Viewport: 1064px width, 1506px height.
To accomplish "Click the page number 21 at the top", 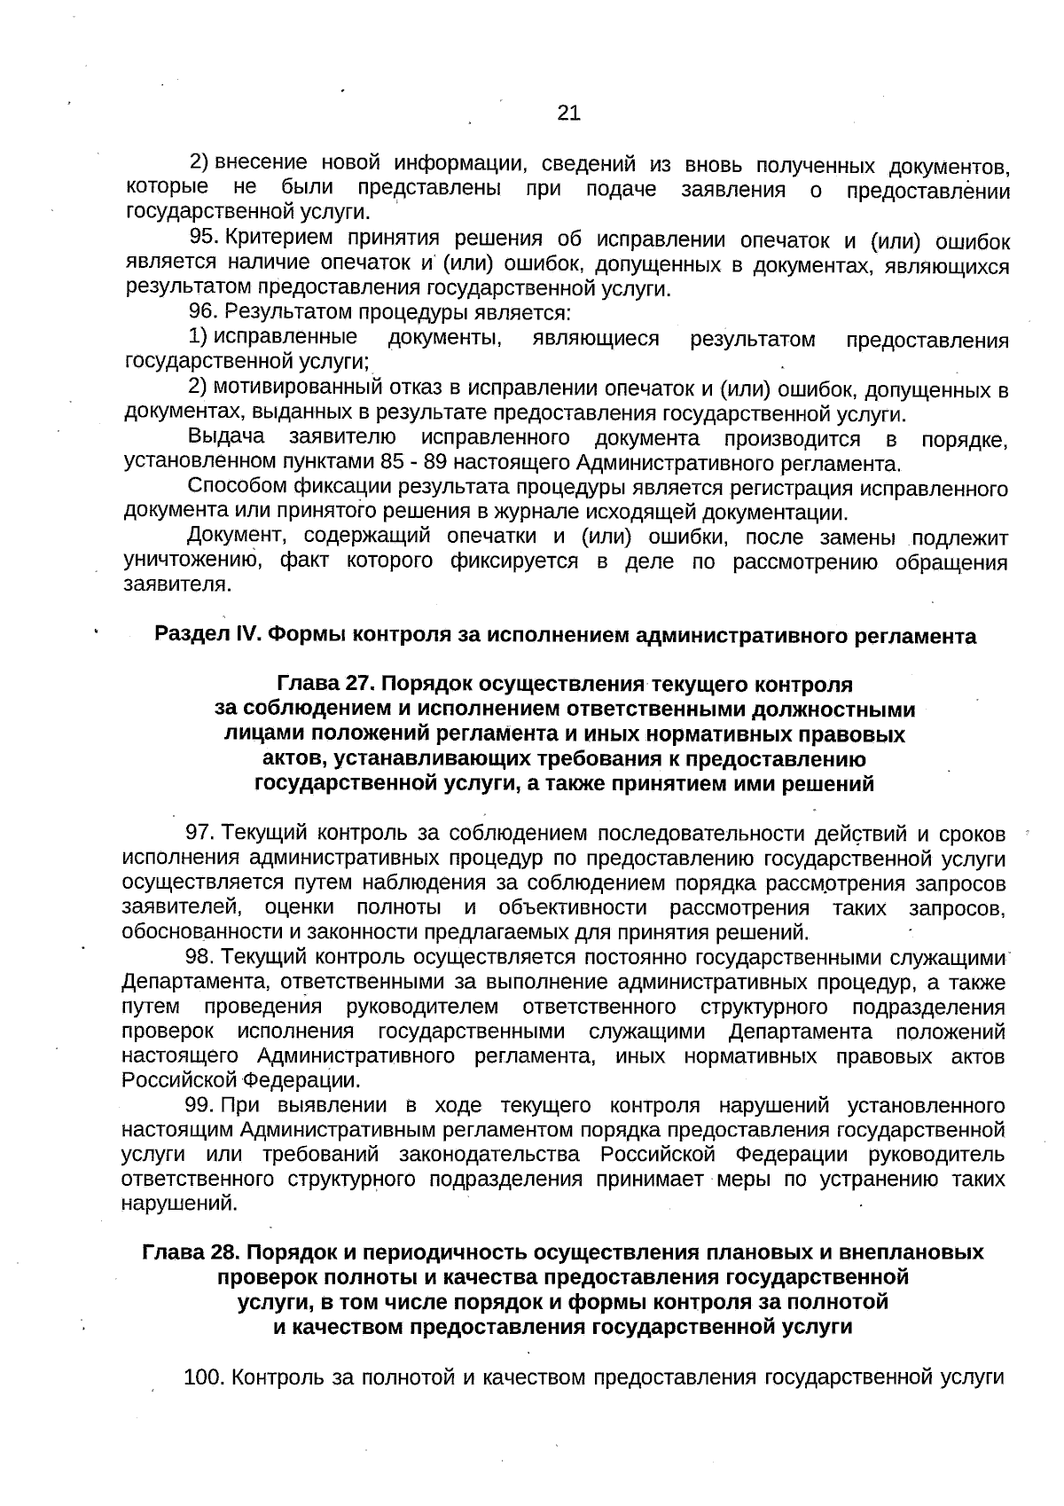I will (568, 113).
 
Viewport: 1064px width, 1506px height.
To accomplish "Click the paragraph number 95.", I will (205, 237).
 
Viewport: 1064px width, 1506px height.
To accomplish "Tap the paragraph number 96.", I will (204, 312).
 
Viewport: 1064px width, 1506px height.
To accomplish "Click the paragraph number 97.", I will (199, 833).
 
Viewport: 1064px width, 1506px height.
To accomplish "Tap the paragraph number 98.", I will (199, 957).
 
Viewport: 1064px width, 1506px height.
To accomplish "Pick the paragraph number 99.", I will (199, 1105).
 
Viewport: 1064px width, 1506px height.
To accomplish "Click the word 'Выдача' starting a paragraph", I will (226, 437).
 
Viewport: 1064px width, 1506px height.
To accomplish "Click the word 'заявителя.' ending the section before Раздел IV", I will (177, 584).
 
